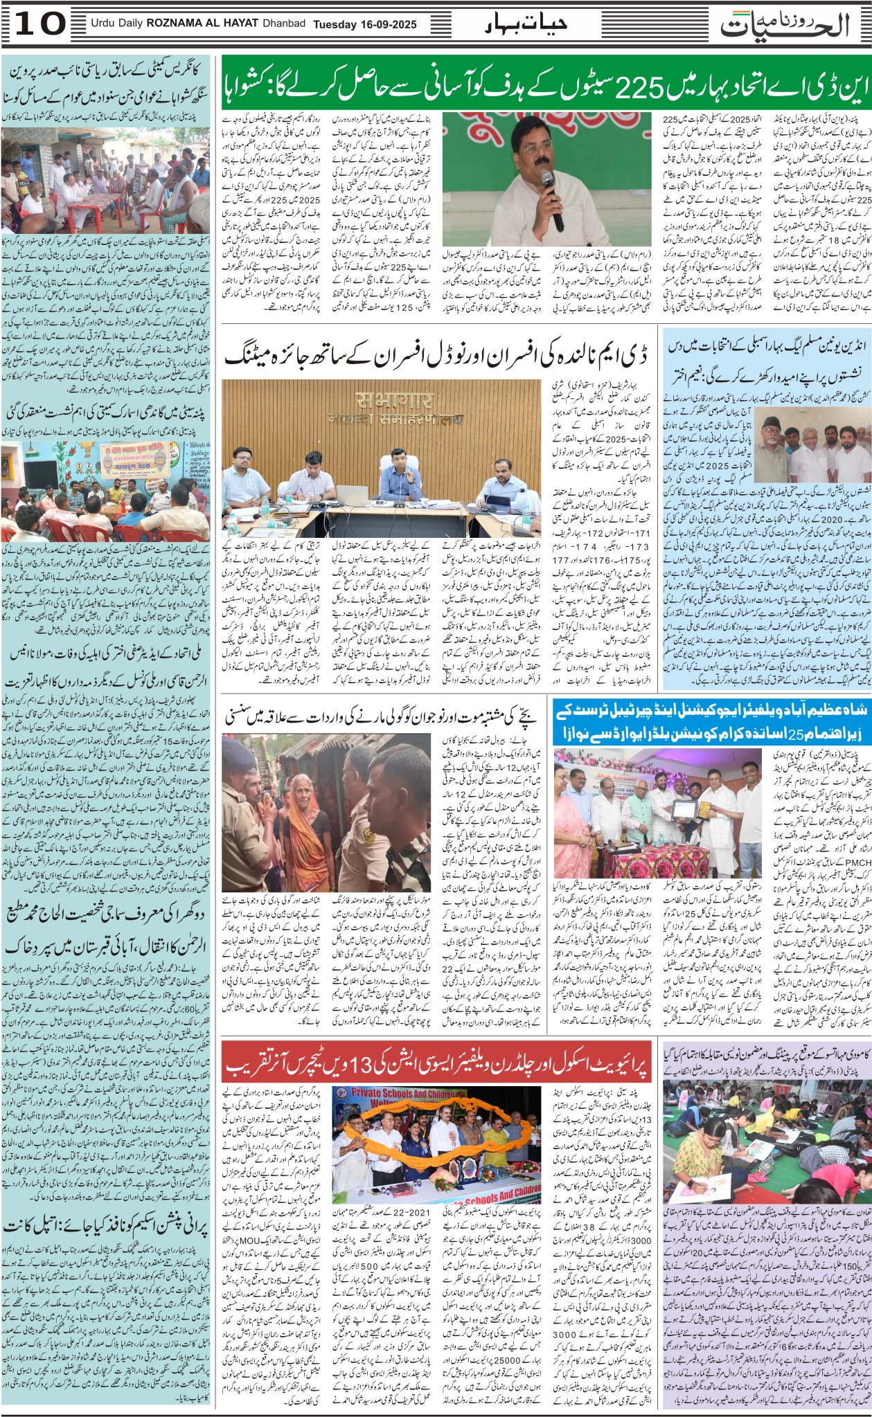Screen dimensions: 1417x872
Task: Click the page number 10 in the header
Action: [x=39, y=24]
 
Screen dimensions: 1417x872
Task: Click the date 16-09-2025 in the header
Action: [x=387, y=24]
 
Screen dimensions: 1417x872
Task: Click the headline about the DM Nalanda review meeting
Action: [x=436, y=357]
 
